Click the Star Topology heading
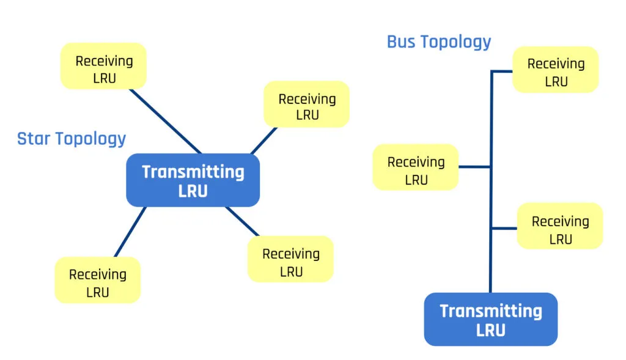pos(72,139)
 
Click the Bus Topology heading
pos(439,42)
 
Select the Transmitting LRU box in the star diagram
pos(193,180)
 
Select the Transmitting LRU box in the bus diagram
pos(491,320)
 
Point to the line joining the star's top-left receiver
pos(165,121)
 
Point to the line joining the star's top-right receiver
pos(264,141)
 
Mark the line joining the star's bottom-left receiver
pos(130,232)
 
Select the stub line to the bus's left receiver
pos(474,167)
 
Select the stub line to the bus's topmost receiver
pos(502,72)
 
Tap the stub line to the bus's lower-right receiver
pos(504,229)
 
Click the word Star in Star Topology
pos(35,139)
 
